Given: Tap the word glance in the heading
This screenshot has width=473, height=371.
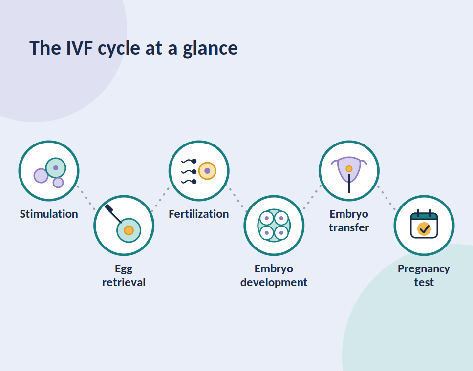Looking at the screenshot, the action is point(210,49).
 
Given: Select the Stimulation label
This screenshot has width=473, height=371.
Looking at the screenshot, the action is point(49,214).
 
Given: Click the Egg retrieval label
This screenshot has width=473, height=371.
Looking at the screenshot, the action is point(124,275).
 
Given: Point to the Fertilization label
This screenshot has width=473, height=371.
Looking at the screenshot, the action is point(199,214).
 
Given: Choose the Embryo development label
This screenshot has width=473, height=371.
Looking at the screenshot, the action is point(274,275).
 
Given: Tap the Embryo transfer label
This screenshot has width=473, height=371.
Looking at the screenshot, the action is point(349,221).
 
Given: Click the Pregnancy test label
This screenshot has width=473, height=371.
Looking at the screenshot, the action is point(424,275).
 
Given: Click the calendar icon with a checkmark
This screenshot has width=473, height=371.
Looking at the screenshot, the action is point(424,224).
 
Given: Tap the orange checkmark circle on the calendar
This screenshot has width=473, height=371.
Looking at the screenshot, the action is point(424,229).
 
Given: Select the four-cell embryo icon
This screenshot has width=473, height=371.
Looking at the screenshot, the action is point(274,226).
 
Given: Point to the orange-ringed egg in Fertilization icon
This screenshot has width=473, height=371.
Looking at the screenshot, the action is point(207,171).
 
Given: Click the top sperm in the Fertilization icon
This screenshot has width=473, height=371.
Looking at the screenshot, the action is point(189,161).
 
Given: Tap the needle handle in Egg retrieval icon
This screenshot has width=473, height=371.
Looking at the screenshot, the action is point(109,208).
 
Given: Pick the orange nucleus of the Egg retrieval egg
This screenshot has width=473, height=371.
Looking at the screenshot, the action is point(129,230).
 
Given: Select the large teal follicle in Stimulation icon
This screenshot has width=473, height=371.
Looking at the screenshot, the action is point(56,168).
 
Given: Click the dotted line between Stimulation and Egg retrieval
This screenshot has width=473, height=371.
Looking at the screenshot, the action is point(86,197).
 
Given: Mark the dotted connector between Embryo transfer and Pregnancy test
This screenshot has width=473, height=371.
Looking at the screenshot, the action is point(387,197).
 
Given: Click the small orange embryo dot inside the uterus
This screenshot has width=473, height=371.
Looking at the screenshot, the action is point(349,169).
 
